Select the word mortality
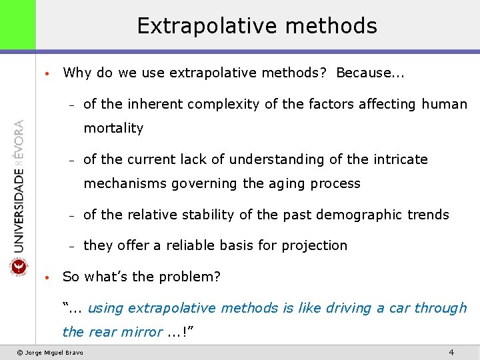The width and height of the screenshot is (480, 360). point(113,128)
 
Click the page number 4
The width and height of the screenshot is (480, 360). point(451,351)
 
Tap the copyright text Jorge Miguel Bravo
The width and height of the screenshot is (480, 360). point(53,352)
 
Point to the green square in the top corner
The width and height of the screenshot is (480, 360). point(17,25)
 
